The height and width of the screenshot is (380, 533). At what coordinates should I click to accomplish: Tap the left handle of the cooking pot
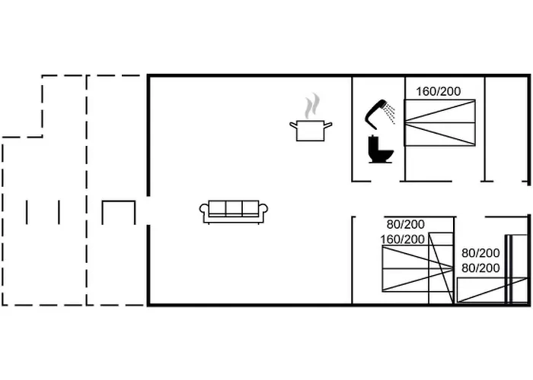point(292,124)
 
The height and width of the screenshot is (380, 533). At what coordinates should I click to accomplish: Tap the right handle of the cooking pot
point(329,124)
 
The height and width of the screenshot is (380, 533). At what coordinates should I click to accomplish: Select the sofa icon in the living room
point(233,211)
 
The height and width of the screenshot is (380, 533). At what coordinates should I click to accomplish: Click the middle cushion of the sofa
point(233,208)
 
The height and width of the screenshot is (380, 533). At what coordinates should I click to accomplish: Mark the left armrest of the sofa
point(204,212)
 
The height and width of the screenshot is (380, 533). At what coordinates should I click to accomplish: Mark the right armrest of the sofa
point(262,212)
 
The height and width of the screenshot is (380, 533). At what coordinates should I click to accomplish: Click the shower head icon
point(375,112)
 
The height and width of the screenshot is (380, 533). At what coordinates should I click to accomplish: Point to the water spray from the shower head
point(390,113)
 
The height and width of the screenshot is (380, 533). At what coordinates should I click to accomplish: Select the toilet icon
point(380,149)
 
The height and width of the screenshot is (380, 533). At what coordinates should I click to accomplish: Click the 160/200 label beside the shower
point(438,91)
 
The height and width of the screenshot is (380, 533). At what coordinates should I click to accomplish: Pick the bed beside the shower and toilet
point(439,122)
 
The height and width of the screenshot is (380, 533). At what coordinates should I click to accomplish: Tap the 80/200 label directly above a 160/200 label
point(405,224)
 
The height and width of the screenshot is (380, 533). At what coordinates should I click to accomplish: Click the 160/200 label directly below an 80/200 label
point(403,239)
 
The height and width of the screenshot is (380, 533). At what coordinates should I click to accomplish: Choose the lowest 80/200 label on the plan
point(480,268)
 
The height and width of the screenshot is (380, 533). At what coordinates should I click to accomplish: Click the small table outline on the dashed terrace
point(118,213)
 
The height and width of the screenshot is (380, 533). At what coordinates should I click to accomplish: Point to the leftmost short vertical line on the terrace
point(27,212)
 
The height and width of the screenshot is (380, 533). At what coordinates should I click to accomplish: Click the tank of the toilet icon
point(374,142)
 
